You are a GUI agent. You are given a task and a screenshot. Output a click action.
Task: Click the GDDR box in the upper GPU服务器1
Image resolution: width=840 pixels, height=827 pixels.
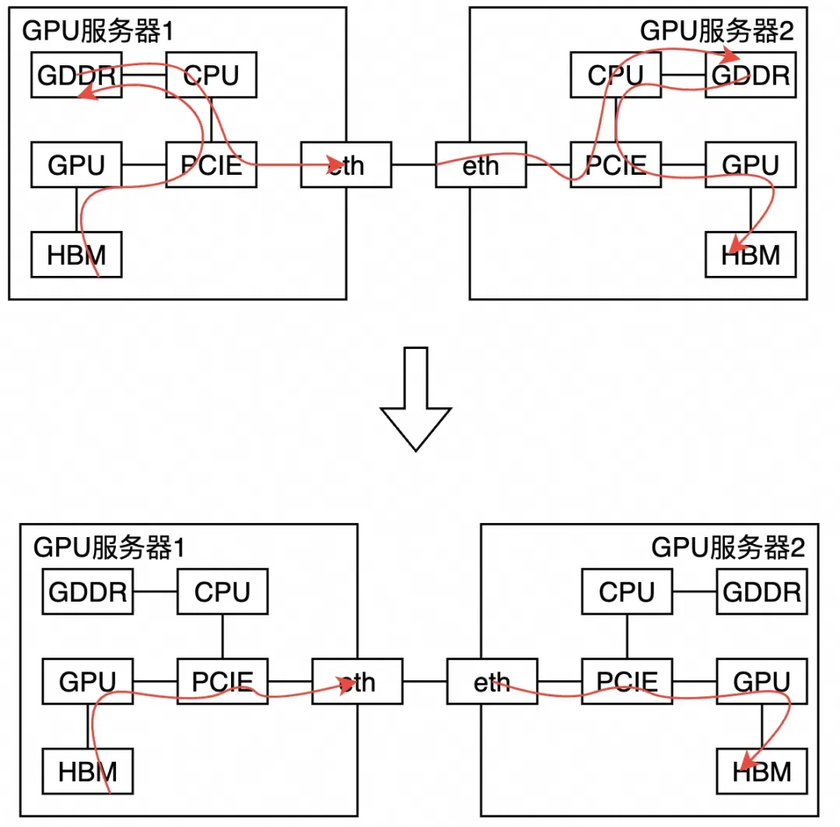click(x=76, y=75)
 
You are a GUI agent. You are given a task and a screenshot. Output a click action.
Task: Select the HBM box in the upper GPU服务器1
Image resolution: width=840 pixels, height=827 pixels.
click(x=76, y=254)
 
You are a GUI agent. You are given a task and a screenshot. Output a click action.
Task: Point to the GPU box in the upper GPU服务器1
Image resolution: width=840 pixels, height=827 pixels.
click(x=76, y=165)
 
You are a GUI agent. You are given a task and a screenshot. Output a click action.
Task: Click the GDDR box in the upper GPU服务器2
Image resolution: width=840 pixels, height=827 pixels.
click(x=751, y=75)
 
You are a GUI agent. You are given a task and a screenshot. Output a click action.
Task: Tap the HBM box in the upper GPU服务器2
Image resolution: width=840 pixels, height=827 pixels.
click(x=751, y=254)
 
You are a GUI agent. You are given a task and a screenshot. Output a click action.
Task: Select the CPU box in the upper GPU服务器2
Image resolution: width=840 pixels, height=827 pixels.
click(x=615, y=75)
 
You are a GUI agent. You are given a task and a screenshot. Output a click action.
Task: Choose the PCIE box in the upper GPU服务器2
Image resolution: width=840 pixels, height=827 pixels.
click(x=615, y=165)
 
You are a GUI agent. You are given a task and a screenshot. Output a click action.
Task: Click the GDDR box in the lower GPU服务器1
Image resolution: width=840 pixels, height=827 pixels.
click(x=88, y=592)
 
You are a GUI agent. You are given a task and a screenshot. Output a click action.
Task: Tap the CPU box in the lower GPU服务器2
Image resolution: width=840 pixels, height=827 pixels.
click(x=627, y=592)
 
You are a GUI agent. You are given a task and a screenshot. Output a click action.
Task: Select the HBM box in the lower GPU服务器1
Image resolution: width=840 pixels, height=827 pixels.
click(x=88, y=771)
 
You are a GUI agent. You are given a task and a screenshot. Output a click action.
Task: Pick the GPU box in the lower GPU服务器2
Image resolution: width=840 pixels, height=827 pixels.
click(x=761, y=682)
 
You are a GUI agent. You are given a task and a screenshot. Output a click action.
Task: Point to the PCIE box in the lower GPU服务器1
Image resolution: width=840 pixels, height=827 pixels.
click(x=222, y=682)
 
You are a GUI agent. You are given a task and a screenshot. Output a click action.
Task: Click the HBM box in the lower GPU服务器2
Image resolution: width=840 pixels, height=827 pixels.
click(x=761, y=771)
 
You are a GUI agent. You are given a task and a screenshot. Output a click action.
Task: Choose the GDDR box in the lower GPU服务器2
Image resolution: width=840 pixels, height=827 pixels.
click(x=761, y=592)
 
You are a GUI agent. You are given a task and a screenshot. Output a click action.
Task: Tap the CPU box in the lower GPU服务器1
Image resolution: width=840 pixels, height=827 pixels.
click(x=222, y=592)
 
